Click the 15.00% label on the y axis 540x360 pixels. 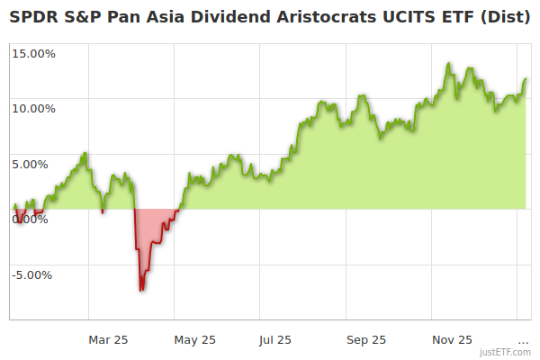(x=33, y=53)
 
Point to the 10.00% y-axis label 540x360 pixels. (x=33, y=109)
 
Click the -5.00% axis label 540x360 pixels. (x=33, y=275)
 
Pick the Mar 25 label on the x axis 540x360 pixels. (x=108, y=339)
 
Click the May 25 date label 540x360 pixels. (x=195, y=339)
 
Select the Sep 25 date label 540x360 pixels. (x=365, y=339)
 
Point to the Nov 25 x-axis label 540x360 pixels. (x=452, y=339)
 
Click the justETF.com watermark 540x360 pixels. (x=505, y=352)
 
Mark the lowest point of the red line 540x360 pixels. (x=141, y=290)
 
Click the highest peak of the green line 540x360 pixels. (x=448, y=64)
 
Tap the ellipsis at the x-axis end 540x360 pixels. (x=523, y=340)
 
